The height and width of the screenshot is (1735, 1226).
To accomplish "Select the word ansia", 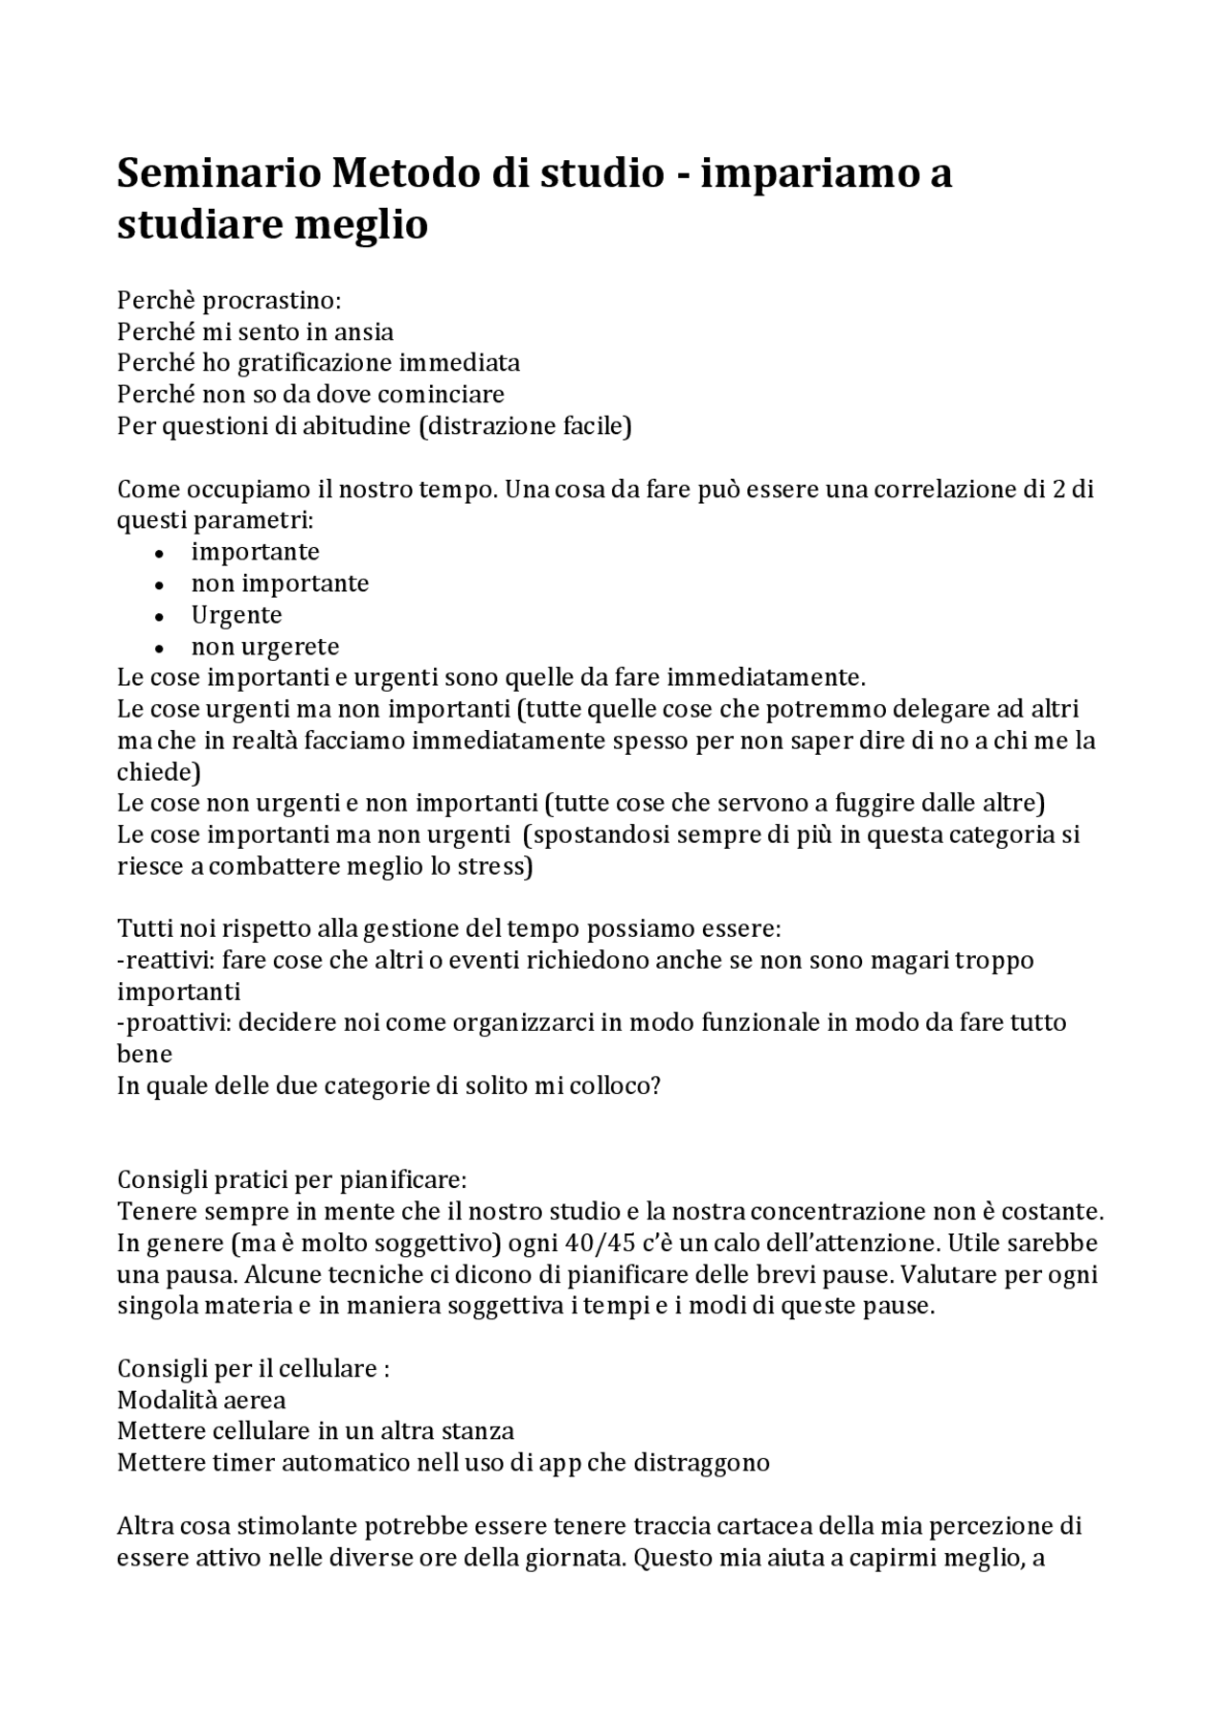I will coord(363,332).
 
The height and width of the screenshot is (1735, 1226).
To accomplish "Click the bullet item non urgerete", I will coord(264,647).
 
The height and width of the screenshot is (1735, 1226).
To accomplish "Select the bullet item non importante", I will coord(280,583).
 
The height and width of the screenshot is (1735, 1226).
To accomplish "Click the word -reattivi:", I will coord(166,961).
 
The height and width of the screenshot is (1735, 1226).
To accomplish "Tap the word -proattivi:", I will coord(173,1023).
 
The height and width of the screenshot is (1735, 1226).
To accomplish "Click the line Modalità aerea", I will coord(201,1401).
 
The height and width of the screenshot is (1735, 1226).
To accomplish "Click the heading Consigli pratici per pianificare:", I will coord(291,1179).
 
